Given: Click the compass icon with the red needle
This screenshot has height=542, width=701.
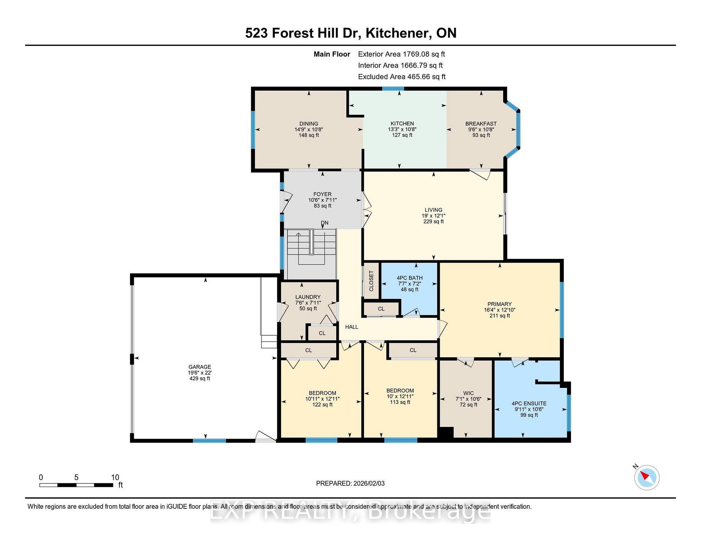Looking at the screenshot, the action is coord(647,477).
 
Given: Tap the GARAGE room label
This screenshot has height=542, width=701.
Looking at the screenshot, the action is coord(200,367).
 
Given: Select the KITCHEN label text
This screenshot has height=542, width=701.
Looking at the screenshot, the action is coord(402,123).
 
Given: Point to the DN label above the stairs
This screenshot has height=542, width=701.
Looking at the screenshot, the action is coord(325,223).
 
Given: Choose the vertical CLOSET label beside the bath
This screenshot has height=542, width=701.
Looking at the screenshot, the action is coord(371,281).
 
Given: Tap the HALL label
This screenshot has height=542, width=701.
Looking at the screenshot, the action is coord(352,327).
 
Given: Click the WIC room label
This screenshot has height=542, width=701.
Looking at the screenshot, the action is coord(468,393).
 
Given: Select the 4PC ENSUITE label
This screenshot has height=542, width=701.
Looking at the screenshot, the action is coord(529,404).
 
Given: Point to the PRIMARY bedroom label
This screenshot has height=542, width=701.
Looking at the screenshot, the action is coord(499,304).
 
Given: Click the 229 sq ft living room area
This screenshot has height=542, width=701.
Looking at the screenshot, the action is coord(433,221).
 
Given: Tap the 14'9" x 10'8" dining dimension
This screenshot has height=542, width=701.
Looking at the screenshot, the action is coord(309,129).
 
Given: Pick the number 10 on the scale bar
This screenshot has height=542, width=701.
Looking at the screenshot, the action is coord(115,477).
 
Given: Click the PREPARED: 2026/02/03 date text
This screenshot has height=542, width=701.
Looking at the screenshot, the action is coord(350,483).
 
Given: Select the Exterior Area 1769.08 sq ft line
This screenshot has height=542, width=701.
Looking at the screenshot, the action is coord(402,54).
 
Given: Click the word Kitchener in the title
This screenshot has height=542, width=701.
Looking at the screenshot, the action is coord(397,33).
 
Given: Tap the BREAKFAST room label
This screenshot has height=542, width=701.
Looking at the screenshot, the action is coord(481,123).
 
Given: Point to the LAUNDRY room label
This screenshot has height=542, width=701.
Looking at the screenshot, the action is coord(308,297).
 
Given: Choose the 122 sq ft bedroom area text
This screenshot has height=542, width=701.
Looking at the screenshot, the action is coord(322,405).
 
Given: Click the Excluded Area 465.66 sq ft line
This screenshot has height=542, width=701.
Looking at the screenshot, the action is coord(402,77).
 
